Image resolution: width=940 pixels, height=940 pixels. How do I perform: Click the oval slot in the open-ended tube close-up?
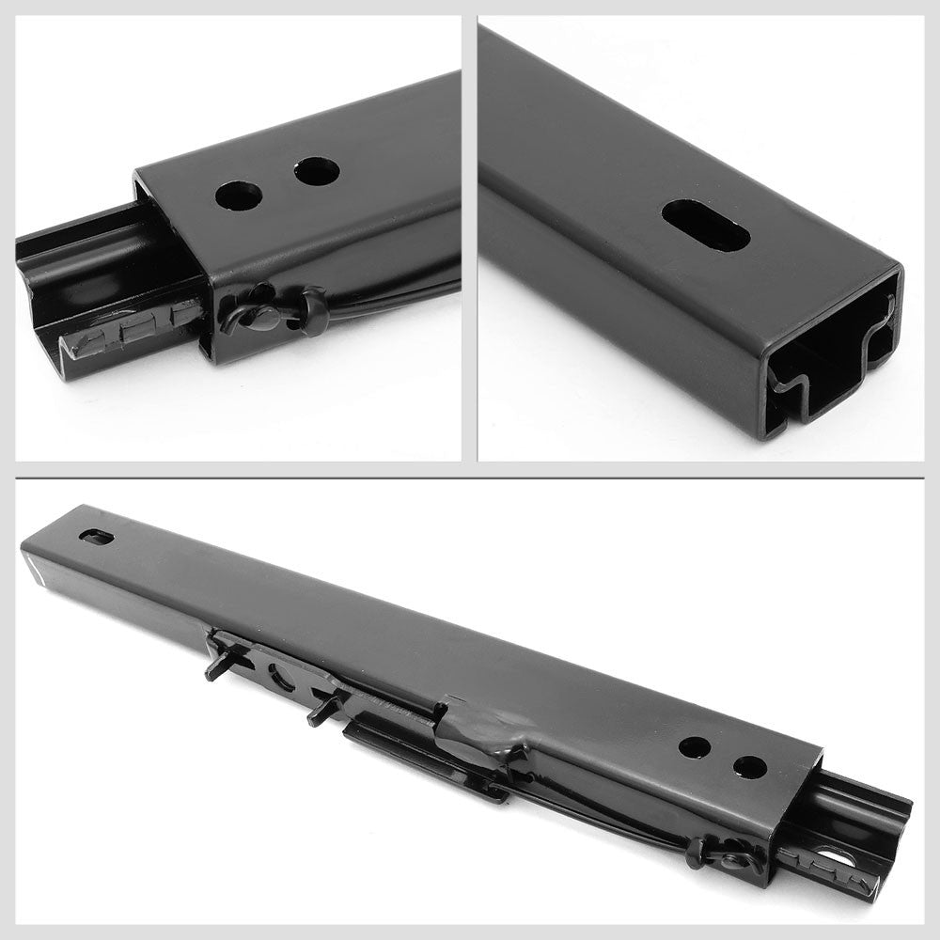705,225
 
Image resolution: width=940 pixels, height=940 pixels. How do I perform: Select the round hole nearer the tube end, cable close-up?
238,196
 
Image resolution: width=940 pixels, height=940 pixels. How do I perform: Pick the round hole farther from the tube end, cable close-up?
316,171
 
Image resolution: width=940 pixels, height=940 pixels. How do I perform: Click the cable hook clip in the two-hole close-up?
254,314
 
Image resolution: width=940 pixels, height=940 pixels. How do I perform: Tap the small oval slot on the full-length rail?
96,537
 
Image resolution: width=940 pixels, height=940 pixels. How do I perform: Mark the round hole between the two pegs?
280,675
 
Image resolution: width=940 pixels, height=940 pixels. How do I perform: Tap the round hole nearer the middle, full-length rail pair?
694,747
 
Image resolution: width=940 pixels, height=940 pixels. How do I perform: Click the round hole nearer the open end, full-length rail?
749,767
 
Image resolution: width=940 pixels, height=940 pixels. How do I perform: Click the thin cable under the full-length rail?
602,818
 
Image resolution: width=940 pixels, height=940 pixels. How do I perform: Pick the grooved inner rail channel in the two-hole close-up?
103,263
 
